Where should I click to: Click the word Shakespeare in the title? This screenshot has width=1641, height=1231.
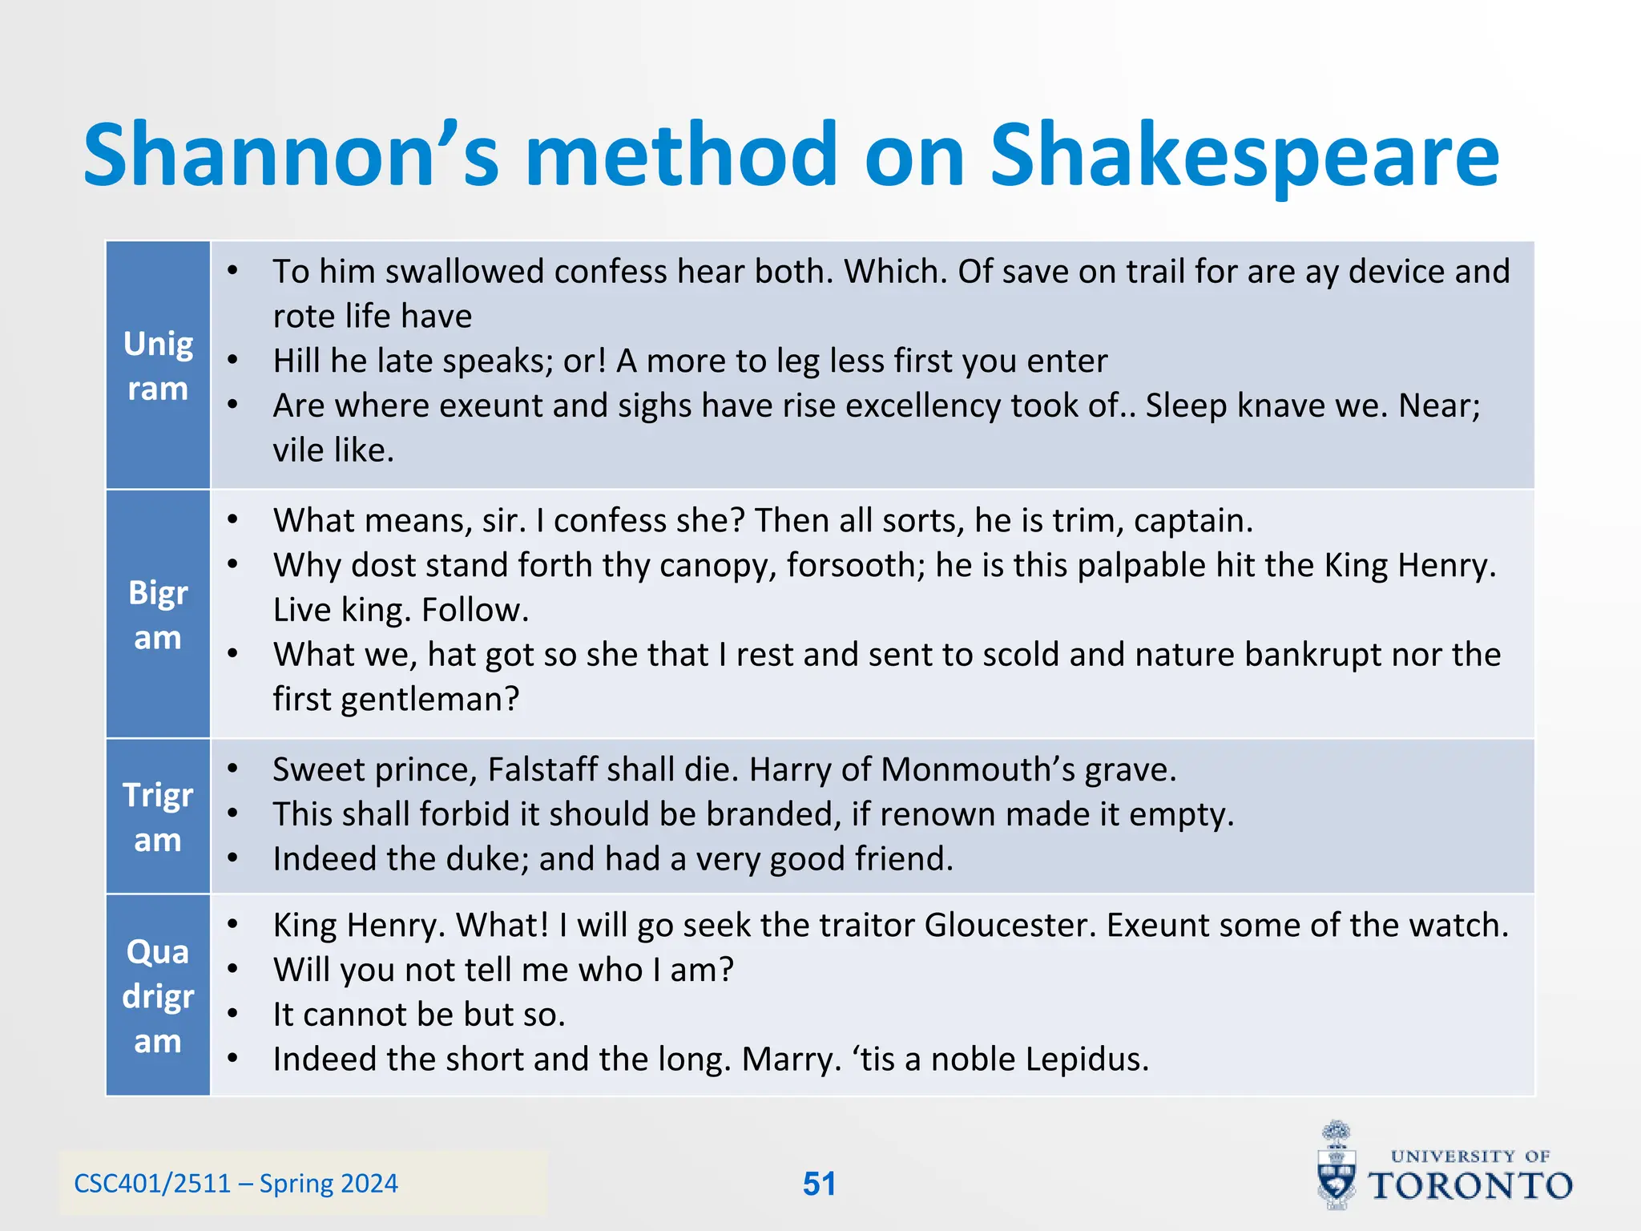click(x=1244, y=156)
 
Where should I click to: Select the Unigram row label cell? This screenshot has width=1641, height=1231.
click(x=158, y=365)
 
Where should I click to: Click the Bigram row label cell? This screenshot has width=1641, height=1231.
click(x=158, y=615)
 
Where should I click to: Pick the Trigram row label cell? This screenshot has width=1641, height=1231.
click(x=158, y=817)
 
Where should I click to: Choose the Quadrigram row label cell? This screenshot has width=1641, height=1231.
click(x=158, y=995)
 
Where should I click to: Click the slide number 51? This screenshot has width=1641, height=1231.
click(x=819, y=1184)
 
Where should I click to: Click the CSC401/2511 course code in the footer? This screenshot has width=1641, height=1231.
click(x=152, y=1184)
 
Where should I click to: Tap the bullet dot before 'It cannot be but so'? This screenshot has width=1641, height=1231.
click(x=232, y=1015)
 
